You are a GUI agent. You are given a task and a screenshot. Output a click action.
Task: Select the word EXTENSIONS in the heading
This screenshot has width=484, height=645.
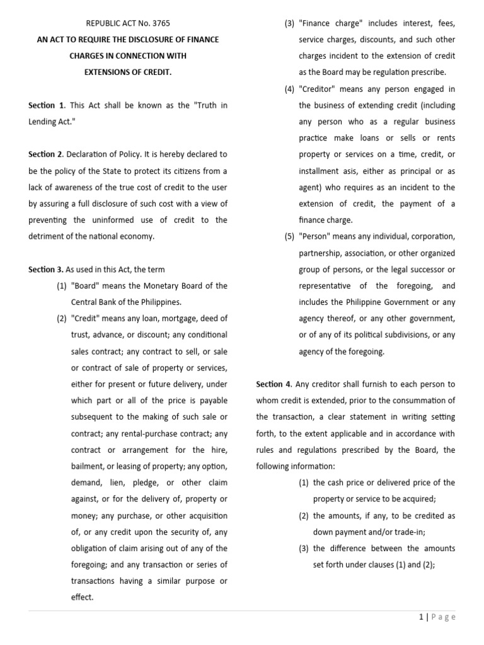pyautogui.click(x=108, y=72)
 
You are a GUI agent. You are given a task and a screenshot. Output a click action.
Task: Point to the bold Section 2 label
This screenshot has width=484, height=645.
pyautogui.click(x=45, y=154)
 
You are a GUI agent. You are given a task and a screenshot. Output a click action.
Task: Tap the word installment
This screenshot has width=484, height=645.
pyautogui.click(x=321, y=171)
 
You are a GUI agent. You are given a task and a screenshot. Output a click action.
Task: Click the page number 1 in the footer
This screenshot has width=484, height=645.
pyautogui.click(x=420, y=617)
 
